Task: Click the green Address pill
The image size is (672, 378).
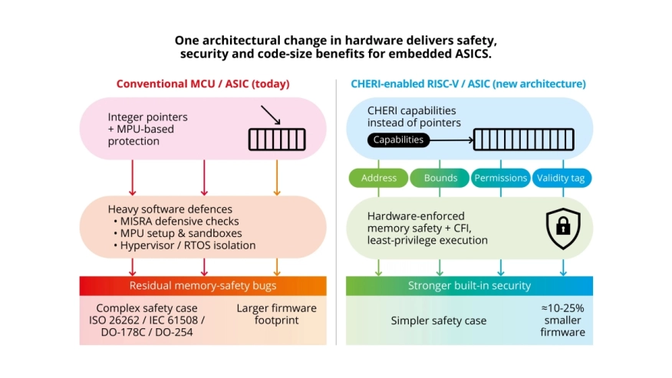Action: point(379,178)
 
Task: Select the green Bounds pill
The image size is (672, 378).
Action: point(440,178)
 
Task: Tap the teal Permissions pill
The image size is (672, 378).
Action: point(500,178)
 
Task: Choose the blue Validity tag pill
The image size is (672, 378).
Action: point(562,178)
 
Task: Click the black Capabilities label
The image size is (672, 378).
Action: point(398,140)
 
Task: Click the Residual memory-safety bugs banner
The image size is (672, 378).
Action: point(203,286)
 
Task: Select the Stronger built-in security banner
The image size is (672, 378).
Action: point(469,286)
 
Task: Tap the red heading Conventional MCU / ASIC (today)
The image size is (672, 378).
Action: point(203,83)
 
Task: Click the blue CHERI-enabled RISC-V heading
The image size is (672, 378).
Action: point(469,83)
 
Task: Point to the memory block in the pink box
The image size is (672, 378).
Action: point(276,139)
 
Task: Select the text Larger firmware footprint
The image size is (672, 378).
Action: point(277,314)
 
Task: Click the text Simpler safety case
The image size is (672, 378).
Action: point(439,320)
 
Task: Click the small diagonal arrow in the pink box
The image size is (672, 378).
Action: point(270,117)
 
